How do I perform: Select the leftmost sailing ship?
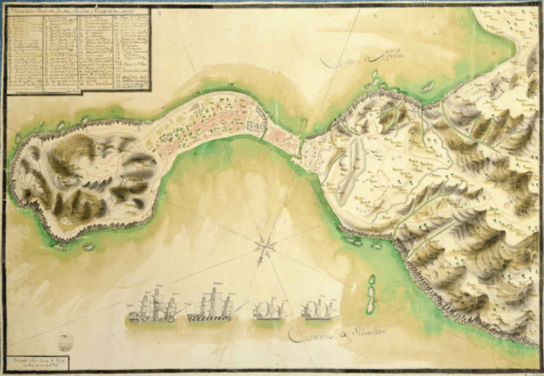pos(153,308)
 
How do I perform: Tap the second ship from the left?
pos(210,305)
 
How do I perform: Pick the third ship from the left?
pos(270,310)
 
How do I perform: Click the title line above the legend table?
pos(76,11)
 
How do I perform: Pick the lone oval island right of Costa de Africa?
pos(428,87)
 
